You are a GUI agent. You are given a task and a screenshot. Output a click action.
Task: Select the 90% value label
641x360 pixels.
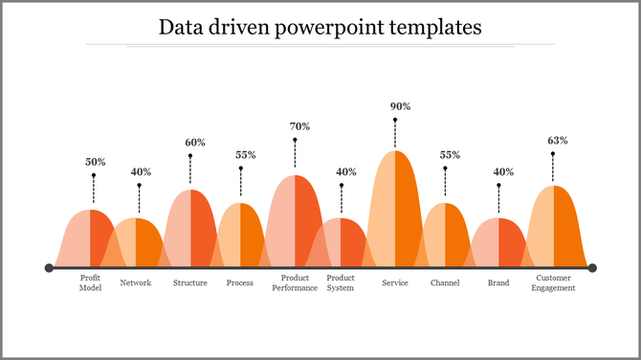click(400, 106)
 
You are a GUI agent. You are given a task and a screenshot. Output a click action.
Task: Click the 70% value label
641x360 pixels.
click(299, 126)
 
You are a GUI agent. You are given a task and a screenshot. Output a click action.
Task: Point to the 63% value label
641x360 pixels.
click(557, 141)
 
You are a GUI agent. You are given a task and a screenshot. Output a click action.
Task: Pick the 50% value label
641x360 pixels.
click(96, 162)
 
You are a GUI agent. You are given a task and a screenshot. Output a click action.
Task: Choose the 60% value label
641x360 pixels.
click(195, 143)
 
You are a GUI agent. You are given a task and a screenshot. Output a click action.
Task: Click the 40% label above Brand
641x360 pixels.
click(503, 172)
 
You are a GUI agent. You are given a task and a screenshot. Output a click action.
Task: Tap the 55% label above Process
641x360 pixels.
click(245, 155)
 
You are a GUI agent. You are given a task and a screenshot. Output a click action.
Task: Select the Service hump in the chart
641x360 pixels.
click(394, 211)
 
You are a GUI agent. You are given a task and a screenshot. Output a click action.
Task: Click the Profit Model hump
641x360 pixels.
click(90, 239)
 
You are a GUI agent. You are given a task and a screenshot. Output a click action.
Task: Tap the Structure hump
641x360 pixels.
click(190, 230)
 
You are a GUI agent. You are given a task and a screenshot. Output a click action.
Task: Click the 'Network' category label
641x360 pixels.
click(136, 283)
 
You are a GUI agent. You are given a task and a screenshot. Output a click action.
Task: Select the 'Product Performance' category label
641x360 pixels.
click(294, 283)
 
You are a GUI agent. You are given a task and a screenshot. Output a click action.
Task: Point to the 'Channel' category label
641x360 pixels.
click(445, 283)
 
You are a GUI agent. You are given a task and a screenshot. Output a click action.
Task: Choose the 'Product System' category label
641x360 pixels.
click(341, 283)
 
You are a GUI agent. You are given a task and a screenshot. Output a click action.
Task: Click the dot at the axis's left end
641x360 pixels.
click(49, 268)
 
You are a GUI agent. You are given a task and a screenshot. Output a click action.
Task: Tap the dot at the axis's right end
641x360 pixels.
click(592, 268)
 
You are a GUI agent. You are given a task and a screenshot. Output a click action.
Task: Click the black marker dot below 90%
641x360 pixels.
click(395, 120)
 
